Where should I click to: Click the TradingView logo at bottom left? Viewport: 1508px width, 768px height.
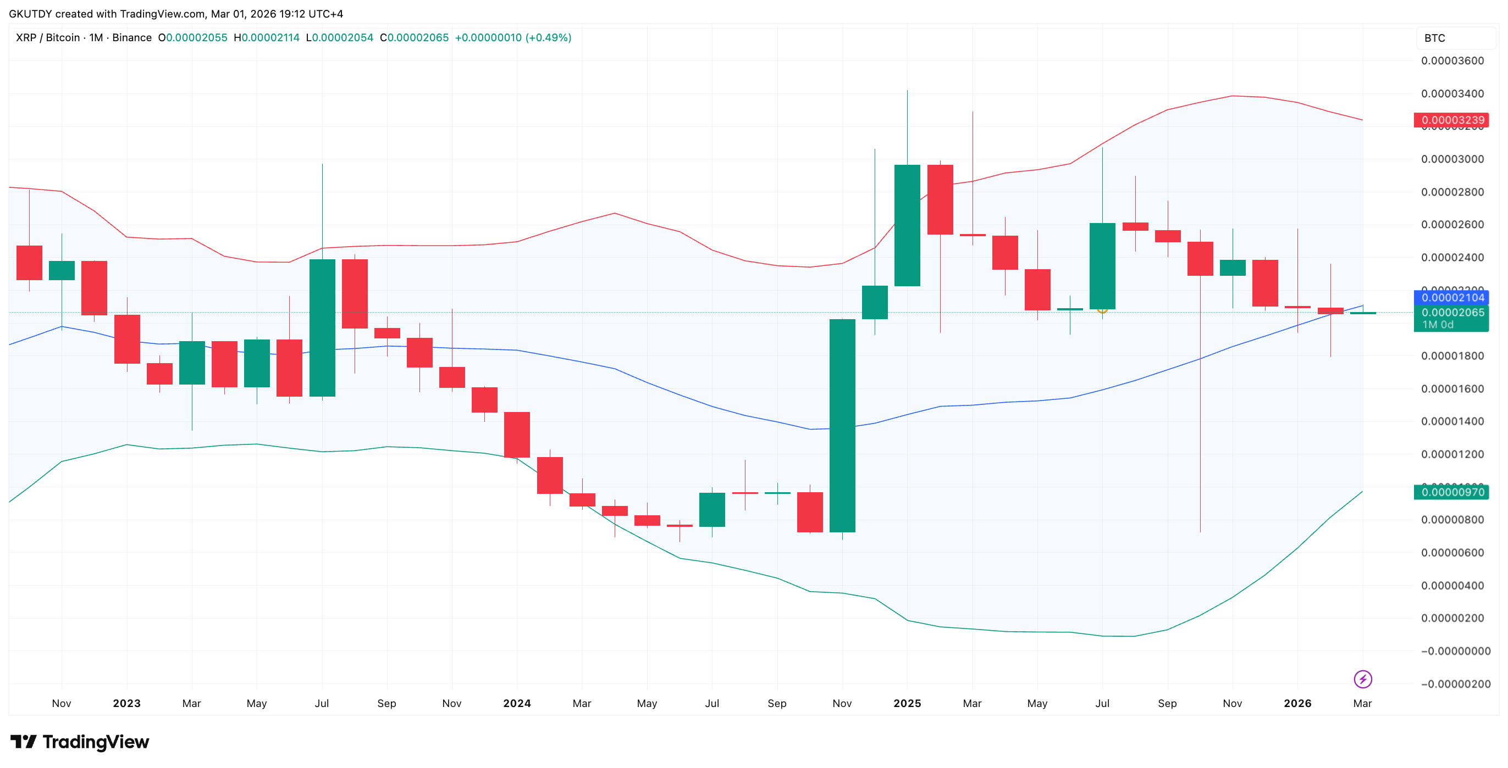click(x=80, y=742)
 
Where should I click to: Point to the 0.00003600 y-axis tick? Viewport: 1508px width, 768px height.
click(x=1452, y=61)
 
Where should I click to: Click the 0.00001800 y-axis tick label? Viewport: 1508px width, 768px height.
click(x=1452, y=355)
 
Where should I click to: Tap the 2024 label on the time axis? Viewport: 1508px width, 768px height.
click(x=517, y=703)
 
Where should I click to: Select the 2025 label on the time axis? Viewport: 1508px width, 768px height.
click(x=907, y=703)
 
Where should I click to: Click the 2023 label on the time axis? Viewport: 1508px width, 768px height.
click(x=126, y=703)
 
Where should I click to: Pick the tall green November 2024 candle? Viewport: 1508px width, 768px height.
click(x=842, y=425)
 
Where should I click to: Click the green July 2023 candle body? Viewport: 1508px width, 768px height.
click(x=322, y=327)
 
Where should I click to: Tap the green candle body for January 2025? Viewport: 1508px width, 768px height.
click(x=907, y=225)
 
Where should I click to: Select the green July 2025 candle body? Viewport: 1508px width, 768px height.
click(x=1102, y=266)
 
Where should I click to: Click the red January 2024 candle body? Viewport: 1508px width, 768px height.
click(x=517, y=435)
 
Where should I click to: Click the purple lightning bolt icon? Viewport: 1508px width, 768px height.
click(x=1363, y=679)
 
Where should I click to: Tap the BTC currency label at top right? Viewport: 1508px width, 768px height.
click(x=1435, y=38)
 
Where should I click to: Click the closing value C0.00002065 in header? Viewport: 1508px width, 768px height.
click(x=415, y=37)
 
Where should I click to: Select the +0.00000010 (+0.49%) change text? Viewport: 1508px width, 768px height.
click(x=513, y=37)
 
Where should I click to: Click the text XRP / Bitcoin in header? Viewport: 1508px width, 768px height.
click(x=48, y=37)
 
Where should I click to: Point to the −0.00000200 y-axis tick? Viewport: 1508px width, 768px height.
click(x=1455, y=684)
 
